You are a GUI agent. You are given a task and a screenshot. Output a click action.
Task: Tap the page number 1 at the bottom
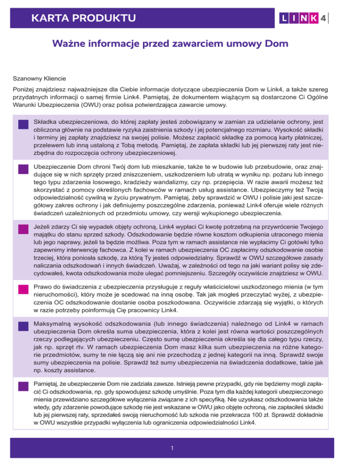[173, 448]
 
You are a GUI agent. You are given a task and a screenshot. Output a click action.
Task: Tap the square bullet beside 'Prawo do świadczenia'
[22, 287]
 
